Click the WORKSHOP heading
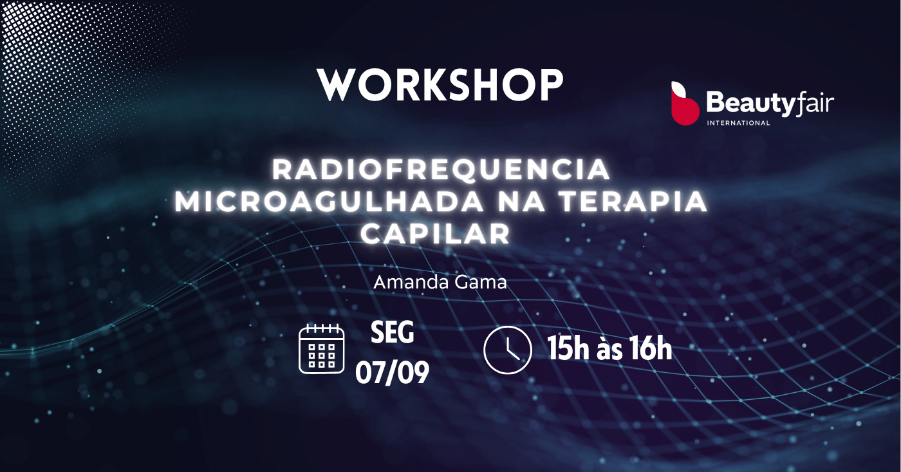(440, 85)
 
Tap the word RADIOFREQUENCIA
(441, 169)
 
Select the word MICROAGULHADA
(329, 202)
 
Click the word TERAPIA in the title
(633, 202)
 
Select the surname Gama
(480, 282)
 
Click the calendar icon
(321, 348)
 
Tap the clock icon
(508, 350)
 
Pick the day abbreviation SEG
(392, 332)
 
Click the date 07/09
(392, 372)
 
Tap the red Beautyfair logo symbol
(685, 103)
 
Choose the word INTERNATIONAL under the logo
(738, 123)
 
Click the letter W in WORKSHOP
(337, 85)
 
